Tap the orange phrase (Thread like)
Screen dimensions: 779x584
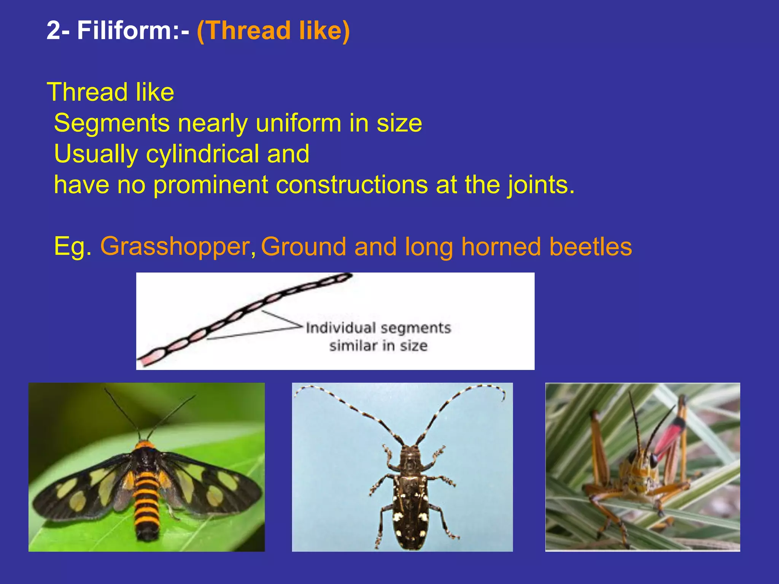coord(273,31)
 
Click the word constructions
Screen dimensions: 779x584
coord(352,185)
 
